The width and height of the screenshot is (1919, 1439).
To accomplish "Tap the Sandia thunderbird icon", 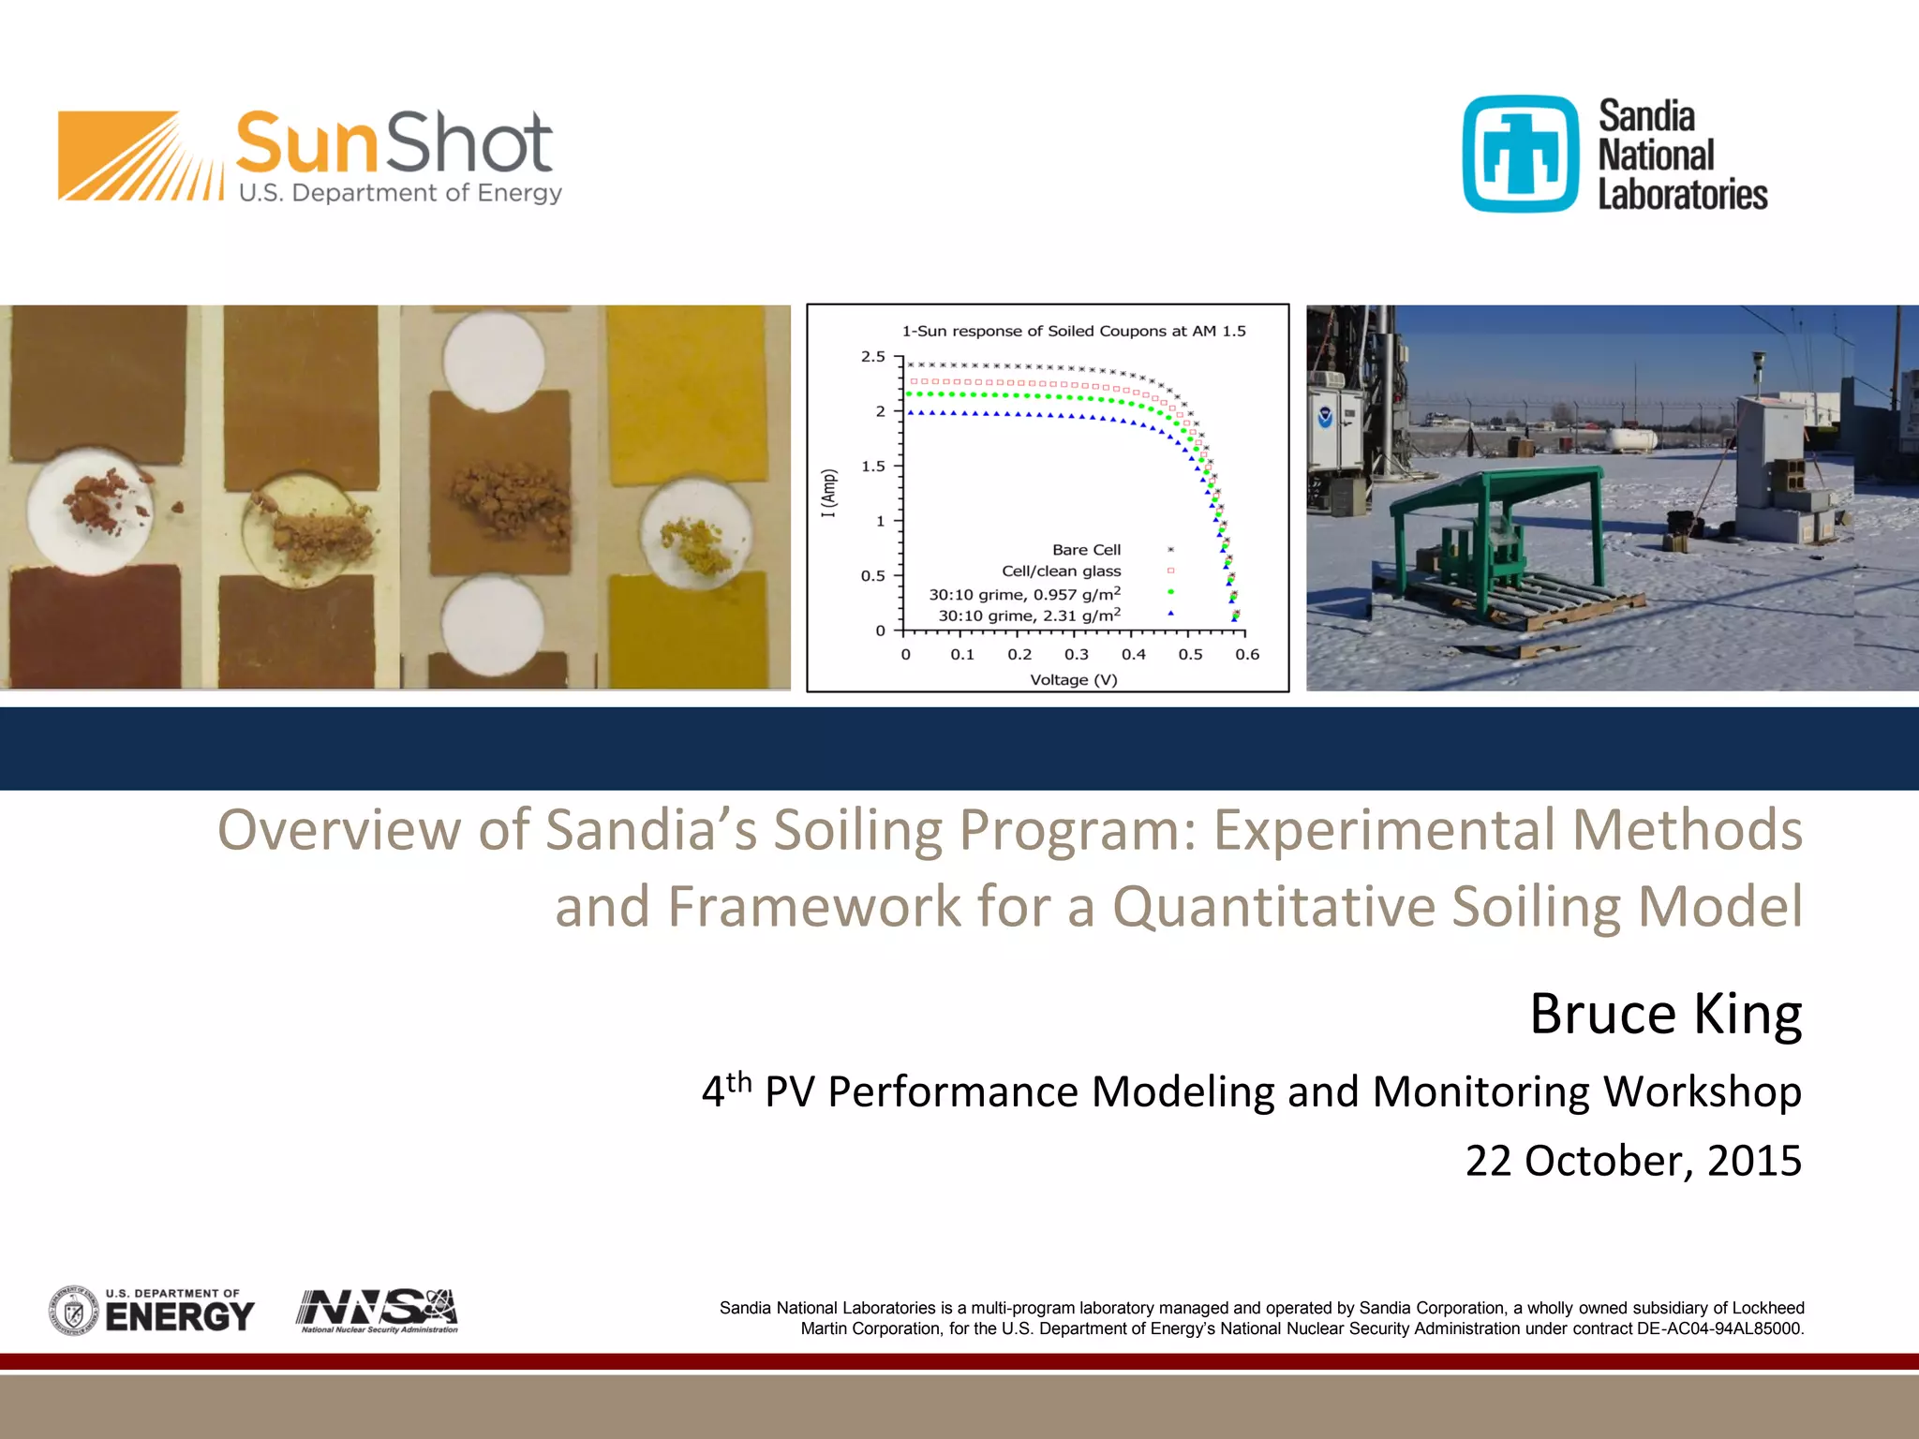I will coord(1521,155).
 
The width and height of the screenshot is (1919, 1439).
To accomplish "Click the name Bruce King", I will coord(1665,1014).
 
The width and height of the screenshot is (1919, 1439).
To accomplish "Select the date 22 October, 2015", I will coord(1632,1161).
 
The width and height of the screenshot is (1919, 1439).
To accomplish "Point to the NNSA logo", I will coord(378,1310).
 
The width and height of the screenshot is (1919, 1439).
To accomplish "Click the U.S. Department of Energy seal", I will coord(73,1310).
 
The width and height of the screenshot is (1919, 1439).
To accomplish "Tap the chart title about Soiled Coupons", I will coord(1073,331).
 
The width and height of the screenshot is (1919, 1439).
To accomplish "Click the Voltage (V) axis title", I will coord(1074,679).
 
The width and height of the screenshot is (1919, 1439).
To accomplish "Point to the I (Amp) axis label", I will coord(828,493).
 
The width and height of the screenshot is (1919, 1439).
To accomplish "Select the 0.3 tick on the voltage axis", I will coord(1076,655).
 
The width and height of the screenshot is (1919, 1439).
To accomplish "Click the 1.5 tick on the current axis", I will coord(872,466).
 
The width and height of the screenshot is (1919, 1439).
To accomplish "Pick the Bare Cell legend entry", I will coord(1086,550).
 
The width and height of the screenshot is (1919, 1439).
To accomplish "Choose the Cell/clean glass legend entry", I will coord(1061,571).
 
